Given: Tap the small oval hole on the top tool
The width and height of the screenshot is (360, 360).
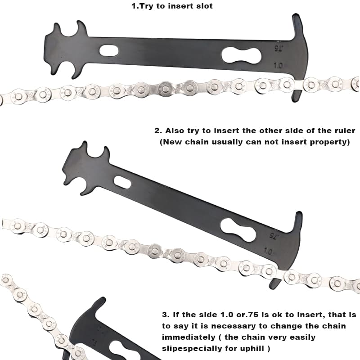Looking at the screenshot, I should click(109, 50).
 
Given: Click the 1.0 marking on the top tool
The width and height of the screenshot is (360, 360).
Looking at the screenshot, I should click(278, 66).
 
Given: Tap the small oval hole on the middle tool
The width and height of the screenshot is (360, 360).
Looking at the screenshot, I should click(122, 182).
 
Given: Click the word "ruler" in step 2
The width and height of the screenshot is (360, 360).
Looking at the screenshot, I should click(343, 131).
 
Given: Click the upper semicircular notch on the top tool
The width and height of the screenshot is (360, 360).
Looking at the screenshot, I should click(68, 31).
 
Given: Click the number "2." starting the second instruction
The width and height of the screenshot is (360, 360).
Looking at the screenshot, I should click(158, 131).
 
